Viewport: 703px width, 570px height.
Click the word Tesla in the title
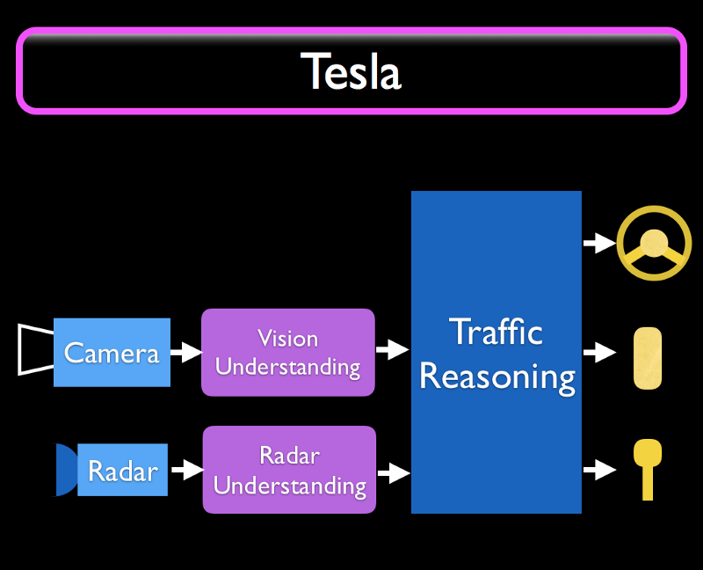coord(351,71)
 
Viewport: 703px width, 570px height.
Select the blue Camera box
coord(112,353)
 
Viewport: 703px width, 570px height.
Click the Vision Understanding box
coord(288,353)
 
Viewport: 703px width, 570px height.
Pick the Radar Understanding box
coord(289,470)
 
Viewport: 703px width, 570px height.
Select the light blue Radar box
coord(122,470)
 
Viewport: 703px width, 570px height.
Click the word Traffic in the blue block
coord(496,332)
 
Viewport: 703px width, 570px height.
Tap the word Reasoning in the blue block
coord(497,377)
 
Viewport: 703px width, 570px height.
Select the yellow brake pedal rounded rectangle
coord(648,358)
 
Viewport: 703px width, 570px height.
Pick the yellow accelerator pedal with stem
coord(648,469)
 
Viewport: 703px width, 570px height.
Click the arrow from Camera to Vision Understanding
coord(186,352)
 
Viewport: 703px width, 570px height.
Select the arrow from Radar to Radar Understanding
coord(187,470)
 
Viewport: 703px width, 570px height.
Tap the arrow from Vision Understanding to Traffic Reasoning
coord(392,349)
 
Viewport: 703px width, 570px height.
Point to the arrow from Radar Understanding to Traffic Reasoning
coord(394,472)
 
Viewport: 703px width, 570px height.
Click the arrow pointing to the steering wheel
coord(600,243)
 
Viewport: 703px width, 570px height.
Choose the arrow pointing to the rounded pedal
coord(600,353)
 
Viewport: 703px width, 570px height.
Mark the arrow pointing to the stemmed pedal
coord(600,470)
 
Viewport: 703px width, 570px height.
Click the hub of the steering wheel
coord(654,244)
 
